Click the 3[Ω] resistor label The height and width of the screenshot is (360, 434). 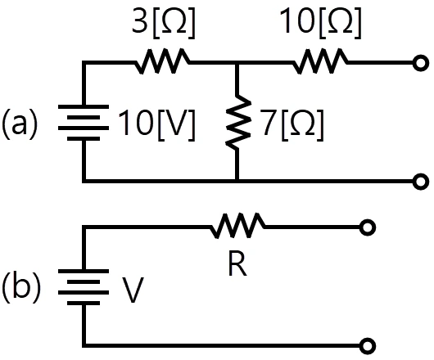point(163,23)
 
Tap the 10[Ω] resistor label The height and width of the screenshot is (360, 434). point(320,23)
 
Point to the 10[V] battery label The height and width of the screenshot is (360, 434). point(156,125)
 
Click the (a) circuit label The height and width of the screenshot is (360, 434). point(20,124)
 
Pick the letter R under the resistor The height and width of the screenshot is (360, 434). point(237,264)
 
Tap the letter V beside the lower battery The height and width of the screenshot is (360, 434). point(133,290)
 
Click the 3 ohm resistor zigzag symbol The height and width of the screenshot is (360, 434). point(162,61)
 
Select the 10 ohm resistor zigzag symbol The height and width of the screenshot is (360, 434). point(320,61)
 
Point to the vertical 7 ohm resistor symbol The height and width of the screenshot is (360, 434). point(237,123)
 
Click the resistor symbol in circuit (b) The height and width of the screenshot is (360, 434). point(237,225)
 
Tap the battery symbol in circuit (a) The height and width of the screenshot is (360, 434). point(84,123)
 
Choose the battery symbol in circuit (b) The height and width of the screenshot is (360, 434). point(84,286)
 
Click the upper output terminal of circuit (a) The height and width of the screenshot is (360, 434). point(421,63)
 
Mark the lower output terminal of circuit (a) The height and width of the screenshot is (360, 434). point(421,182)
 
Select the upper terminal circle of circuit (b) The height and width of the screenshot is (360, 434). point(368,227)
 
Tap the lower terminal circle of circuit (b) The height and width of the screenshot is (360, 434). point(368,345)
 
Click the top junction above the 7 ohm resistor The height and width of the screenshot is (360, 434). point(237,63)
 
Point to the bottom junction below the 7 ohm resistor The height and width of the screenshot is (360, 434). point(237,181)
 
